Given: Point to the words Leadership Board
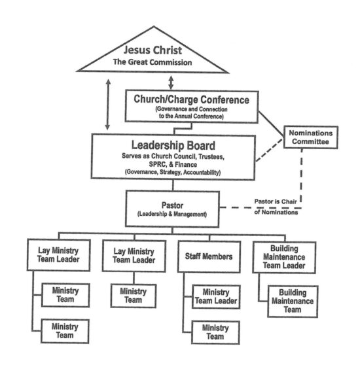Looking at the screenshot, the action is point(173,145).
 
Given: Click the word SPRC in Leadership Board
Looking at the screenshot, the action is point(157,164).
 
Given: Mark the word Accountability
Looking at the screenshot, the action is point(202,173).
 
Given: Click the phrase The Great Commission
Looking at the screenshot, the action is point(153,62).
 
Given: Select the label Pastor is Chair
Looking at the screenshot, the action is point(276,201).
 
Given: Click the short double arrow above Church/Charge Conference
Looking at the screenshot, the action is point(171,82).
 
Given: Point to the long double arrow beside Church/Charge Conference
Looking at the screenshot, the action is point(108,105).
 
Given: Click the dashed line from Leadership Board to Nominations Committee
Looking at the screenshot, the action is point(270,150).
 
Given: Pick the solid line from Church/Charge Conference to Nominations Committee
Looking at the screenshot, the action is point(271,124).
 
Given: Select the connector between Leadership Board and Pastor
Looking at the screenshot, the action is point(173,185).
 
